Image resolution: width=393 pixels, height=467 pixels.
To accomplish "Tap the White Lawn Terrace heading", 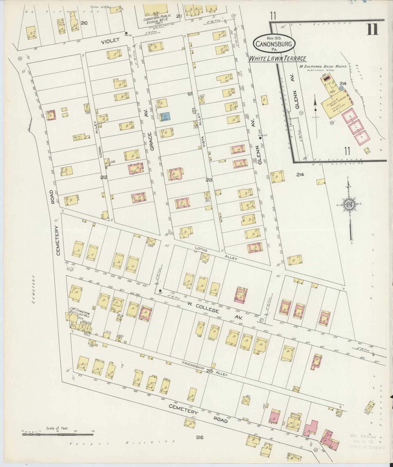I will coord(277,59).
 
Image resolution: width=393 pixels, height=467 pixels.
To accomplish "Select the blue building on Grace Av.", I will coord(166,117).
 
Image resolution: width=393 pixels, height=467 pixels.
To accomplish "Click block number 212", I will coord(103,177).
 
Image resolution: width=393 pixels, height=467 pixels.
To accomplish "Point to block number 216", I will coord(199,438).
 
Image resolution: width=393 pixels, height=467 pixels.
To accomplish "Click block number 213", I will coord(209,180).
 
